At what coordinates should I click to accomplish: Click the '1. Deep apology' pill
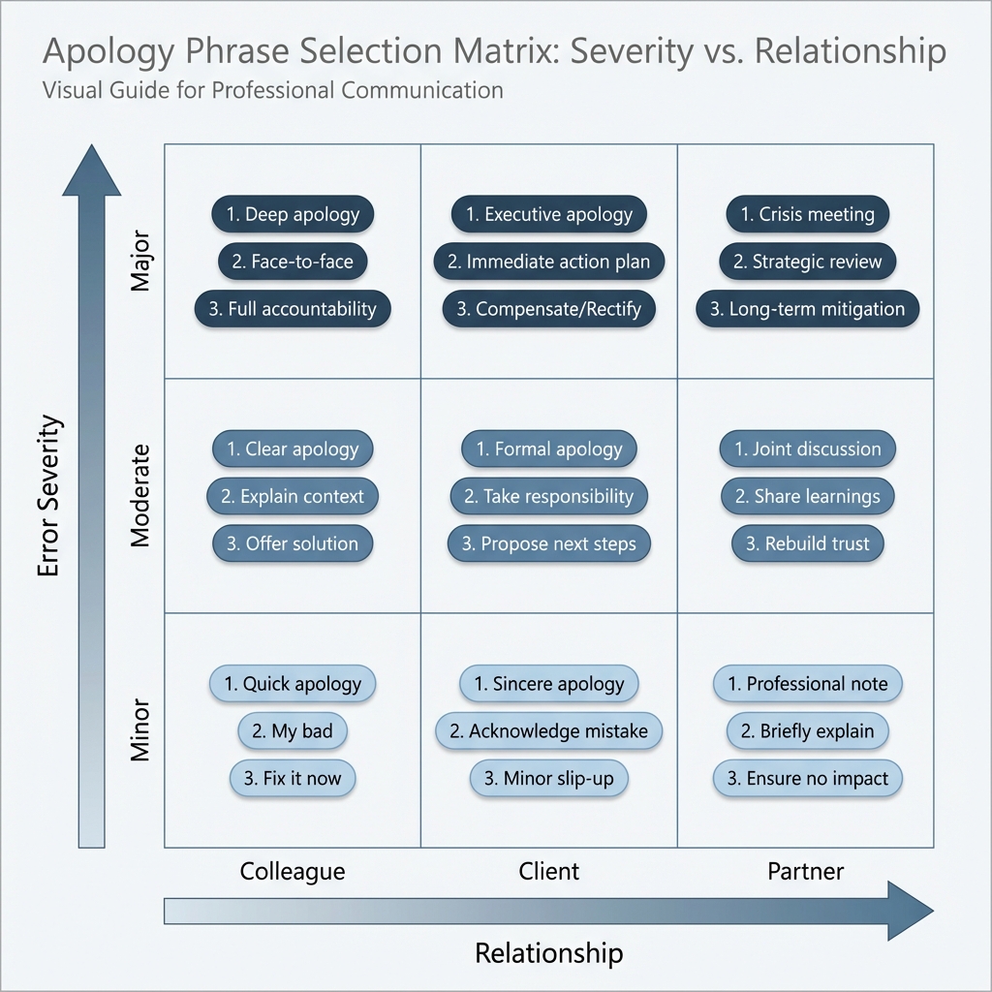[x=293, y=214]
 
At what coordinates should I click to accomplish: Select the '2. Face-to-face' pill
[x=293, y=262]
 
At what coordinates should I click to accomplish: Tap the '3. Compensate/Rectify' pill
[x=549, y=309]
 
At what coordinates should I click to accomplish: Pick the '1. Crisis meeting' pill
[x=807, y=214]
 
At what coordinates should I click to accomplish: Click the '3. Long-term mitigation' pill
[x=807, y=309]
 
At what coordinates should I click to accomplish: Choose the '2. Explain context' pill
[x=293, y=497]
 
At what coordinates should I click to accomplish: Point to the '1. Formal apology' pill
[x=549, y=449]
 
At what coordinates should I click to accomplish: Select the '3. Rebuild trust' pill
[x=807, y=544]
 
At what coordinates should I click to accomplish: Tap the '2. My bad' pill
[x=293, y=731]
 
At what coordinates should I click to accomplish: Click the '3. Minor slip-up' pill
[x=549, y=779]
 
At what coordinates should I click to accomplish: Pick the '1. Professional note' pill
[x=807, y=684]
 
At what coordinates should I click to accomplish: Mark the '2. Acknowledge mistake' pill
[x=549, y=731]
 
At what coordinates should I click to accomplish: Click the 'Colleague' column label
[x=293, y=871]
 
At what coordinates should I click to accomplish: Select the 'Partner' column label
[x=806, y=871]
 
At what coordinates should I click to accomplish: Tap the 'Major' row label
[x=140, y=261]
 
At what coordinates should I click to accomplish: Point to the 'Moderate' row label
[x=140, y=496]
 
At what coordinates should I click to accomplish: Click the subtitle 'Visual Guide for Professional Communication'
[x=272, y=91]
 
